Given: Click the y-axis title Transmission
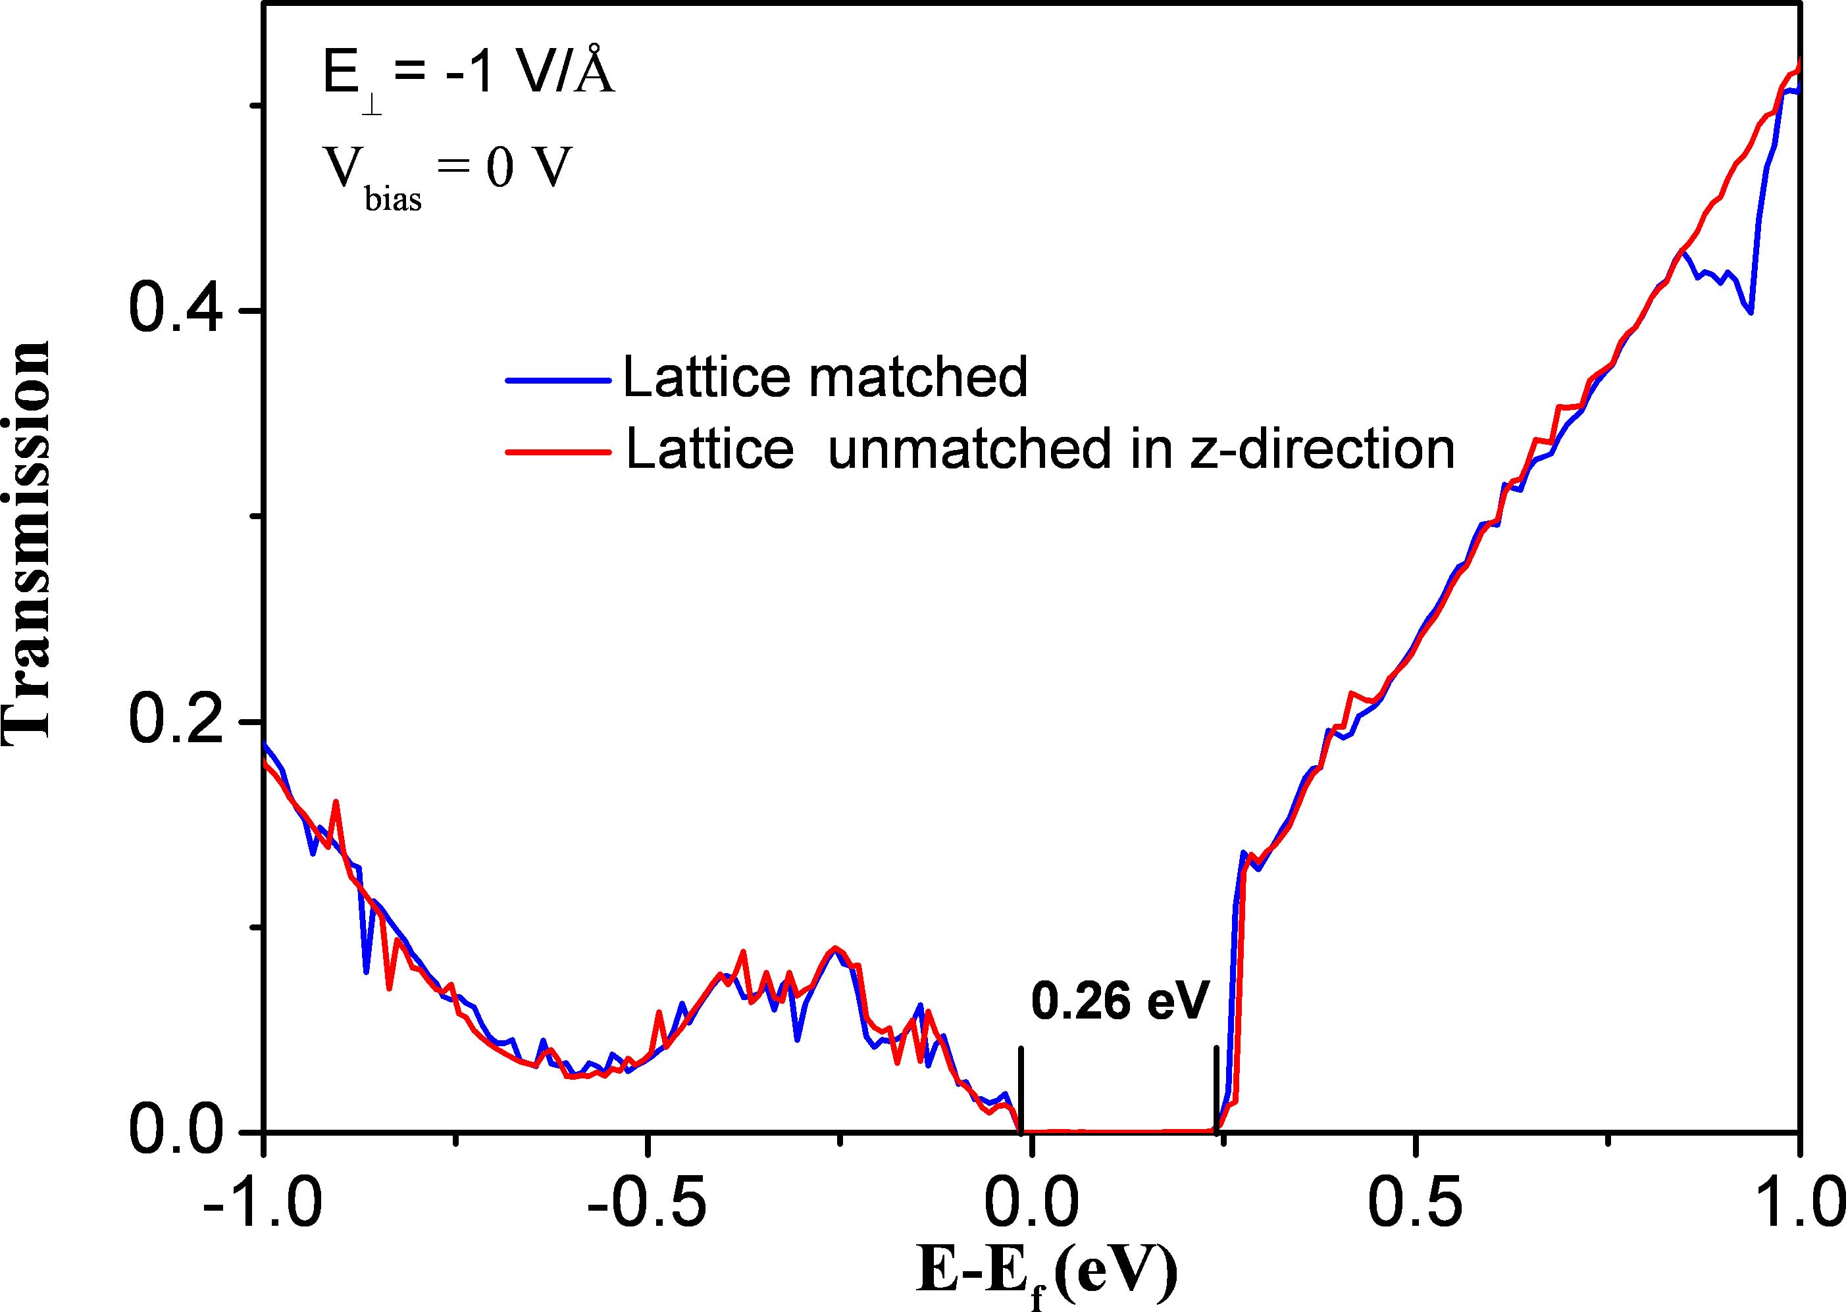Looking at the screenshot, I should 26,540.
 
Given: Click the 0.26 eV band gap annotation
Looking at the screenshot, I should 1119,1003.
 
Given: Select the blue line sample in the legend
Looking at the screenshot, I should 557,379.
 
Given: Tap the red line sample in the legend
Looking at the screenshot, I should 557,451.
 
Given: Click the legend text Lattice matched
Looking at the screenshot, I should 825,376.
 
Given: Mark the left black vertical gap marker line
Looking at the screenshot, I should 1021,1091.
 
